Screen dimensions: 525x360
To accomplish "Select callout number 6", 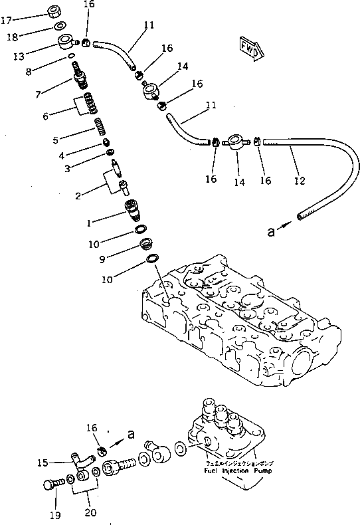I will coord(45,116).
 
